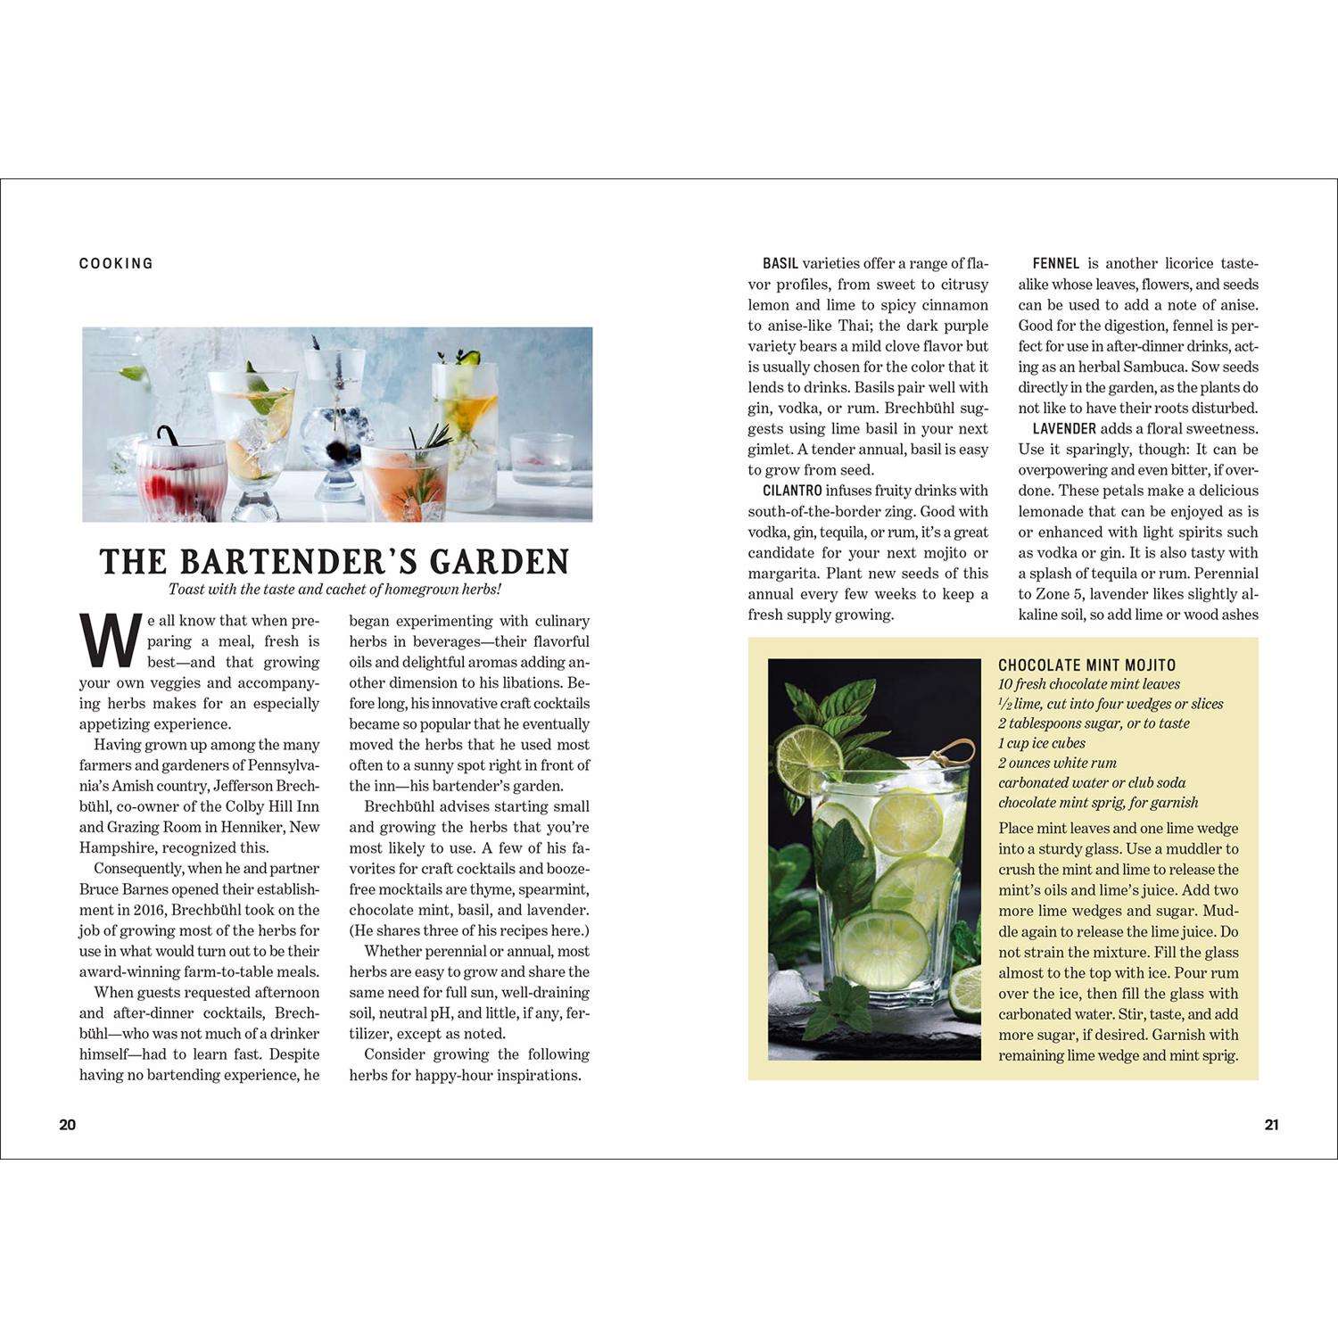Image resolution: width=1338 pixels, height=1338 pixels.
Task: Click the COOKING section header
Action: pos(116,263)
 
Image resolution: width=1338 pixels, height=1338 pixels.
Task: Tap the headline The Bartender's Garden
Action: pos(334,562)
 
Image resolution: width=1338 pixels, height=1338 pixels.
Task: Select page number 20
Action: pos(68,1125)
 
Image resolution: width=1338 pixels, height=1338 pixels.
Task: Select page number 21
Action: pos(1271,1125)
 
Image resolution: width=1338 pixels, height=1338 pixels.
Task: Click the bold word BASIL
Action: pos(780,264)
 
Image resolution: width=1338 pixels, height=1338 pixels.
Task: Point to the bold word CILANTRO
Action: pos(792,491)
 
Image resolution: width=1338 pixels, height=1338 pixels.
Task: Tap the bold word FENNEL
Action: pos(1056,264)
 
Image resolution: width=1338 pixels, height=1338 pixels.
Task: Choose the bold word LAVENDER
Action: pos(1064,429)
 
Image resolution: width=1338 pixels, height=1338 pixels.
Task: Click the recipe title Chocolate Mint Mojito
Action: pos(1086,665)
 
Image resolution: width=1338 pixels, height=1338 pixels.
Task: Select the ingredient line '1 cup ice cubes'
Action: pos(1042,743)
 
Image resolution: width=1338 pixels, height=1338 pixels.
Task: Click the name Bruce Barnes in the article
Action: pos(124,889)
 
